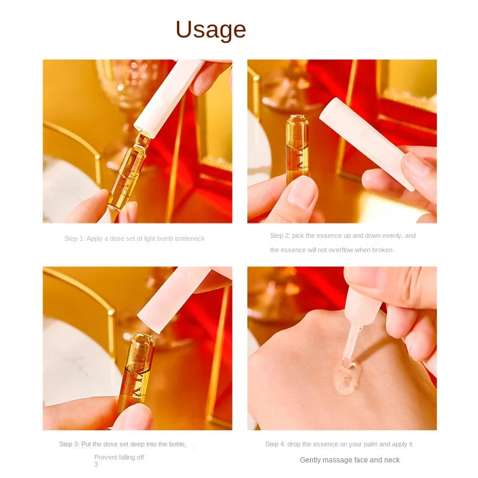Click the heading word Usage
(x=211, y=29)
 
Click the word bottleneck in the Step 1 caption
(x=190, y=238)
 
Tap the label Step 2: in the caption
(x=280, y=235)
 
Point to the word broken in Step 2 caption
(x=383, y=250)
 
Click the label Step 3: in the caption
(x=69, y=444)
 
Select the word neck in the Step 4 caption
(x=392, y=460)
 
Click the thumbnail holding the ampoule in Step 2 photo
(x=302, y=193)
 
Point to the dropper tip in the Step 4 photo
(x=347, y=362)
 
